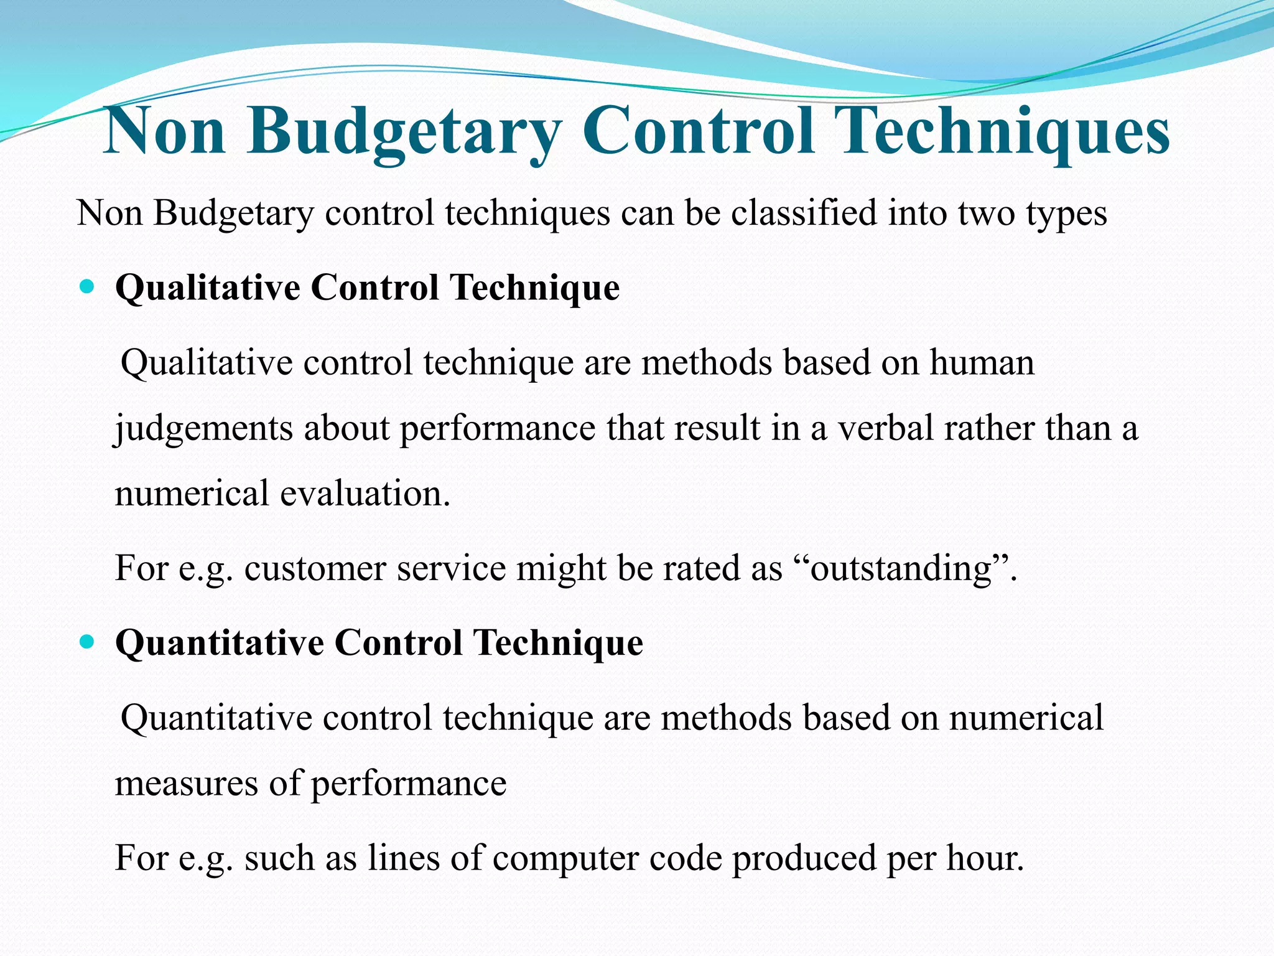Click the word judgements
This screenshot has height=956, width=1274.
(x=203, y=429)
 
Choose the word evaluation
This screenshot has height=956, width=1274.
(x=365, y=494)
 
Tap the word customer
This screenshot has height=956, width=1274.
(x=315, y=568)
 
